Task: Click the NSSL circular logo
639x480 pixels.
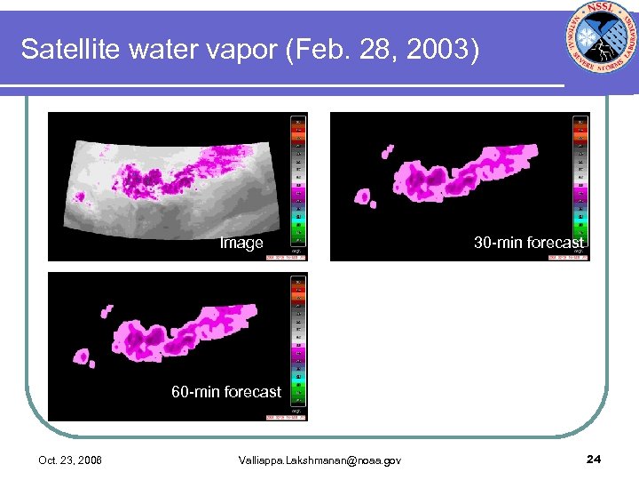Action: [601, 42]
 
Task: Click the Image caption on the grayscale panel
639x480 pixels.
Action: [241, 244]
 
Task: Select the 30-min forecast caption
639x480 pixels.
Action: [528, 243]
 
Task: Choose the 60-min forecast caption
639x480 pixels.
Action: [226, 392]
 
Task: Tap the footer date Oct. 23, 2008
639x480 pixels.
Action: [70, 460]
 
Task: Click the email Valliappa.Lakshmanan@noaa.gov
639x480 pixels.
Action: [319, 460]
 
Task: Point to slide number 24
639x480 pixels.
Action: [594, 459]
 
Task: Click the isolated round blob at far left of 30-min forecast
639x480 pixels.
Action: [363, 196]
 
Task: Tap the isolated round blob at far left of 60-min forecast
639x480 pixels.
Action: [83, 356]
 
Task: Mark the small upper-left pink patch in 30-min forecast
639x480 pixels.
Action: [387, 152]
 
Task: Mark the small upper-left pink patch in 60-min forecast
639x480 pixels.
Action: [106, 311]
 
